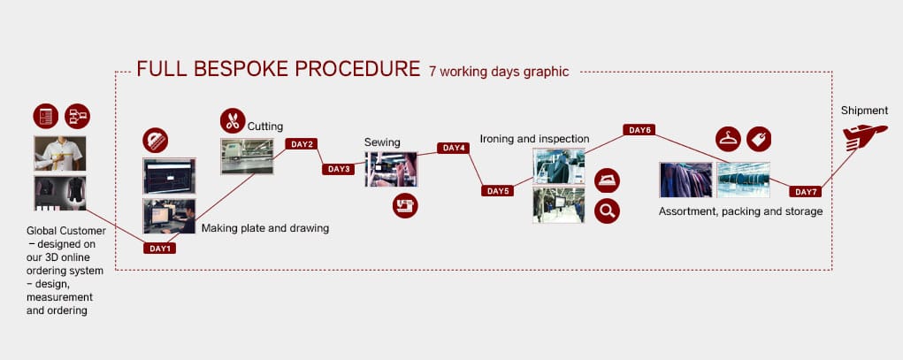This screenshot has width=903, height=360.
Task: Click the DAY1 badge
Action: coord(159,249)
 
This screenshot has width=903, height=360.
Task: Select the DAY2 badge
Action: coord(302,144)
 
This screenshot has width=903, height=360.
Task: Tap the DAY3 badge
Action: coord(338,169)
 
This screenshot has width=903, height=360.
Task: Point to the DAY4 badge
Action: coord(453,148)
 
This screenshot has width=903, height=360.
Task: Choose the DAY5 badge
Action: coord(498,191)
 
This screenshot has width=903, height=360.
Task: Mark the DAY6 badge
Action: coord(639,130)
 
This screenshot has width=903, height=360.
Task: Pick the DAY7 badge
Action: coord(805,192)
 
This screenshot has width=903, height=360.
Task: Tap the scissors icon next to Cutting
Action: coord(233,121)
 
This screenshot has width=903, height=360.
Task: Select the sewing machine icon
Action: coord(405,205)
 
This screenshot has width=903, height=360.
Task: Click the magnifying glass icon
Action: coord(607,211)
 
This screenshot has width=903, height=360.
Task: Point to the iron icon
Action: coord(607,180)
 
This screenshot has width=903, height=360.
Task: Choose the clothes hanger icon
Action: coord(729,139)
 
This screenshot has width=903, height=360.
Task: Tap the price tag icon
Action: coord(759,139)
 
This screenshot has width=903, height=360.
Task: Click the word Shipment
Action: coord(864,111)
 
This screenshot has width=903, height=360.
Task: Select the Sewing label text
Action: coord(382,142)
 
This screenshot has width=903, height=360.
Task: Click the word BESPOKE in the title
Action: coord(241,69)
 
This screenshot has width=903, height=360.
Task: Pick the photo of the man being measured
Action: coord(60,153)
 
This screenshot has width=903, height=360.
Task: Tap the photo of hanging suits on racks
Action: coord(685,180)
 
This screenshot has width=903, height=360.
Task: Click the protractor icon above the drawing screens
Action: coord(156,141)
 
